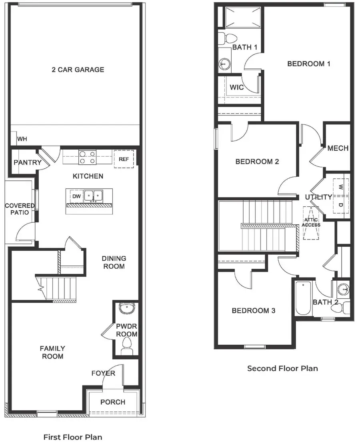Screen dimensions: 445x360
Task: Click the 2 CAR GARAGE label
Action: point(78,70)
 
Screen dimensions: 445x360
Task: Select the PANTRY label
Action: point(27,162)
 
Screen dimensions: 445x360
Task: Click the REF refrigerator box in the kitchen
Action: point(124,159)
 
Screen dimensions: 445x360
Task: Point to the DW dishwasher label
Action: point(76,196)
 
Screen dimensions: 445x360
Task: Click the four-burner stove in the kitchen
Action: point(88,157)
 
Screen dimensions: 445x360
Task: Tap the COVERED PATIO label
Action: point(20,209)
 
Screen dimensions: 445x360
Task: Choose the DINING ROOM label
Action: point(114,262)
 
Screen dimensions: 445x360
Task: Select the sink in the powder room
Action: point(127,309)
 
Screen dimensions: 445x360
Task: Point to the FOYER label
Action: point(103,373)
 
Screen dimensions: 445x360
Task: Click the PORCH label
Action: point(112,402)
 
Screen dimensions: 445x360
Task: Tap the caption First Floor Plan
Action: point(72,437)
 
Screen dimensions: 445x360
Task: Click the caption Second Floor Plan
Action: point(282,368)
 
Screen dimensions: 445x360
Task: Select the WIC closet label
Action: point(237,87)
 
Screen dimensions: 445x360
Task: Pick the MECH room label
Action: point(338,148)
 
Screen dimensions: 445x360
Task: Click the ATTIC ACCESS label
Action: point(311,222)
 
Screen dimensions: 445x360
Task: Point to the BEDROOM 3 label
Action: point(253,310)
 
